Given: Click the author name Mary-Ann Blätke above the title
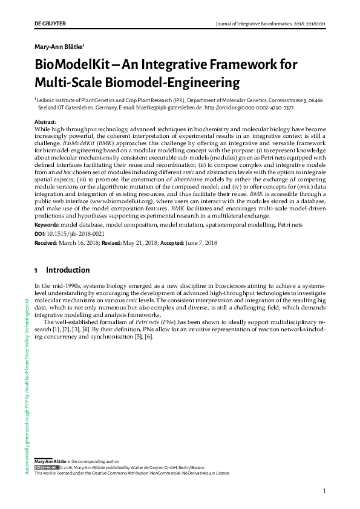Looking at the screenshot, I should pyautogui.click(x=59, y=46).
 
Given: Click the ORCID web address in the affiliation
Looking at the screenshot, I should pyautogui.click(x=250, y=108).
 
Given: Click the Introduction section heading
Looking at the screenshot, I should pyautogui.click(x=68, y=270).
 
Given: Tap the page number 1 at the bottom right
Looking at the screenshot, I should pyautogui.click(x=325, y=490).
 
